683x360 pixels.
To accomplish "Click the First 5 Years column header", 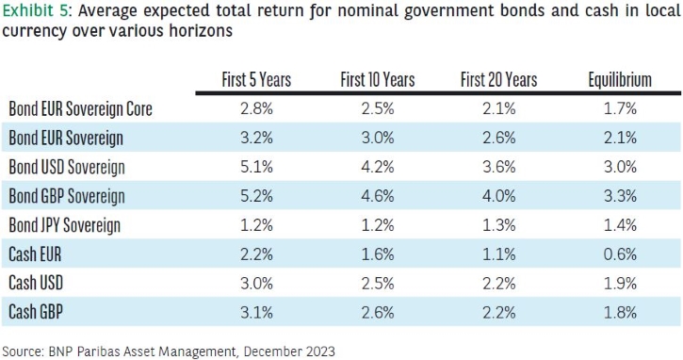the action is pos(256,80).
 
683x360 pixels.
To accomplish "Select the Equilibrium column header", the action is pos(620,80).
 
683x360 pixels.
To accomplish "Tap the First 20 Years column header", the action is pos(498,80).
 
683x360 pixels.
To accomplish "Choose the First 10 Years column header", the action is pos(378,80).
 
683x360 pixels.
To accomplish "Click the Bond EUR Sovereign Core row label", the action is pos(81,109).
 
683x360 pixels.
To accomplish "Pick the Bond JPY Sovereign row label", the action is pos(64,225).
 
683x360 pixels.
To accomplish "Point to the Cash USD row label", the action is pos(36,283).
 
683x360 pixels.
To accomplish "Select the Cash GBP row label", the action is pos(36,312).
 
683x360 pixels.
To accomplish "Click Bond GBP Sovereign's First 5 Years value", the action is pos(256,196).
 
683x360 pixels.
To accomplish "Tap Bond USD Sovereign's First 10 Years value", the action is pos(378,167).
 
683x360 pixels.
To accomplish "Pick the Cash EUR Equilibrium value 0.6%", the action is pos(620,254).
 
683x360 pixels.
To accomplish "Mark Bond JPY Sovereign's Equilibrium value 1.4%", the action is pos(620,225).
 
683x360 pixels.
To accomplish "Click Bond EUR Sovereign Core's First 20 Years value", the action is pos(498,109).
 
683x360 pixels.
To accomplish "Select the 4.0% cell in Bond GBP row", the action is pos(498,196).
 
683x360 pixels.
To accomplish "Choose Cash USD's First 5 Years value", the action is pos(256,284).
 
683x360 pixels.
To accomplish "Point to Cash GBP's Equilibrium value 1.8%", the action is pos(620,312).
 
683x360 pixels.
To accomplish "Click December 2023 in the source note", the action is pos(289,352).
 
